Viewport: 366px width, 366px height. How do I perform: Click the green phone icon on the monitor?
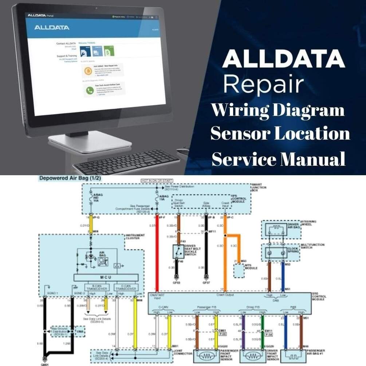click(x=89, y=90)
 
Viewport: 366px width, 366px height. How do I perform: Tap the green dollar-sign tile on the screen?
click(x=109, y=51)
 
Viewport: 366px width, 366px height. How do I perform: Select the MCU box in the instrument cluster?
click(x=106, y=278)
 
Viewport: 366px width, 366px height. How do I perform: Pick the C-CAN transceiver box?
click(x=126, y=287)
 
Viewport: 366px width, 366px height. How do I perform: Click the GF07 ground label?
click(x=206, y=282)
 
